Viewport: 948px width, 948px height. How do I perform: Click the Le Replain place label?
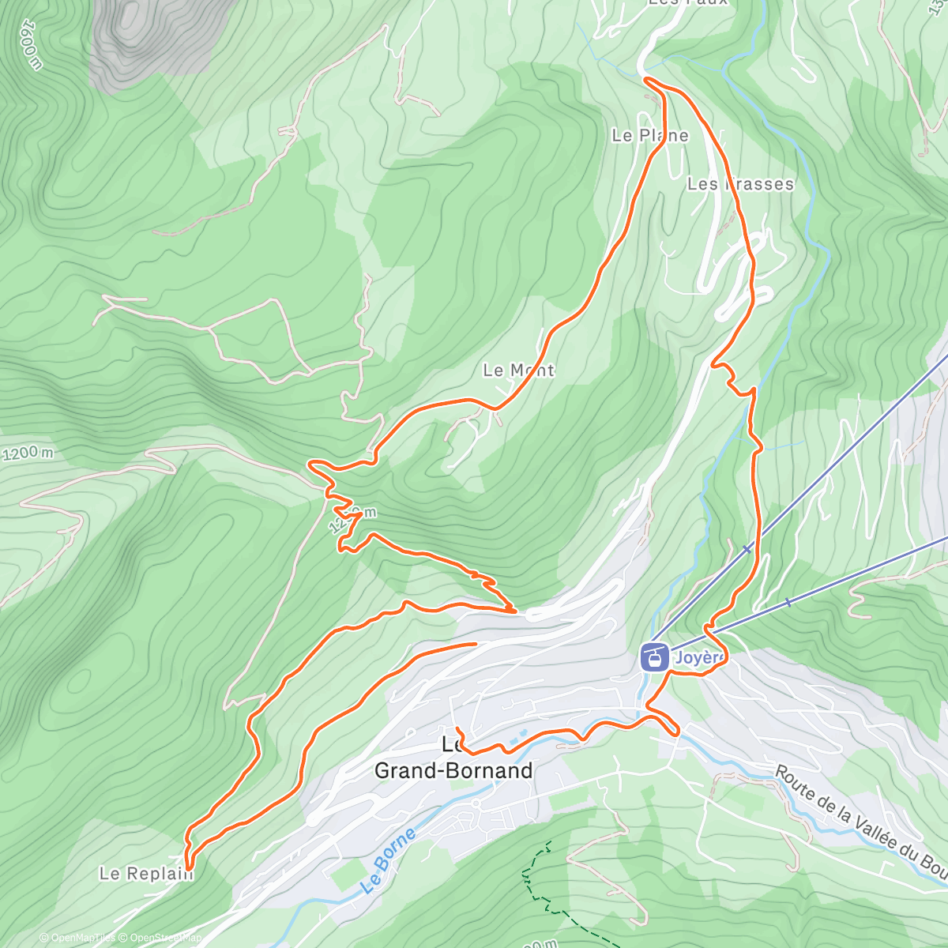coord(146,874)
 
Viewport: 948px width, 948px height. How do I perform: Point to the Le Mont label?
coord(519,370)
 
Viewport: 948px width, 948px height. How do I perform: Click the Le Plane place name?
coord(650,136)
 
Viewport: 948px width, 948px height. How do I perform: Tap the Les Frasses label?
coord(740,184)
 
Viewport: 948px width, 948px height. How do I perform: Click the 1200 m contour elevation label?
coord(28,453)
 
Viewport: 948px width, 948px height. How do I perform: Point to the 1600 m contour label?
coord(30,44)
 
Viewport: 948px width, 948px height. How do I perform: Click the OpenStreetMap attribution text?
coord(163,938)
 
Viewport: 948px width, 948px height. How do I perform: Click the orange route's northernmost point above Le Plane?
coord(647,79)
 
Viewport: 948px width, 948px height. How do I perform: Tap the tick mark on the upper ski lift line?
coord(747,548)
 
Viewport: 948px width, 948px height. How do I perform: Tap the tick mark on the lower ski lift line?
coord(788,603)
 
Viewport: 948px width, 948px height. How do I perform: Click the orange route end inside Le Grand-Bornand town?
coord(457,728)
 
